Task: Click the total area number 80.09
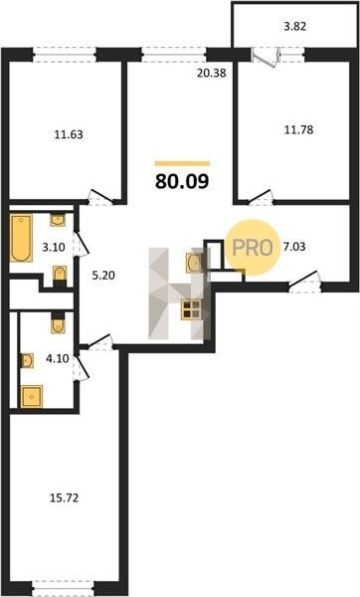click(182, 181)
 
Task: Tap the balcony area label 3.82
click(295, 26)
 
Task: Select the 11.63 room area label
click(69, 134)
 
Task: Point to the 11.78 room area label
click(299, 129)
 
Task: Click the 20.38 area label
click(212, 73)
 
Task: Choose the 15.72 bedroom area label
click(65, 497)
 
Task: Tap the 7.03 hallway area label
click(294, 247)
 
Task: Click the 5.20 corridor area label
click(103, 275)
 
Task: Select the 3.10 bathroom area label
click(54, 247)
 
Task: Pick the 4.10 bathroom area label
click(57, 358)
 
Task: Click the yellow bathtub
click(21, 238)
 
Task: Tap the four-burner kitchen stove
click(191, 308)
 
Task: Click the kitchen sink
click(194, 262)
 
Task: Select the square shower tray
click(32, 396)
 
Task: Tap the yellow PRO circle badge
click(253, 248)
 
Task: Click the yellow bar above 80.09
click(182, 164)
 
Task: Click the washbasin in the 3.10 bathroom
click(58, 220)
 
